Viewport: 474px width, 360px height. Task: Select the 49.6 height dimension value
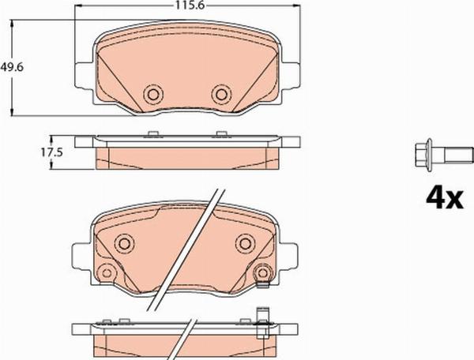tap(10, 68)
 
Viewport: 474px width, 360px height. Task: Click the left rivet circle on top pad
tap(152, 95)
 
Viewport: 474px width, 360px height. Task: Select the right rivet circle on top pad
tap(220, 95)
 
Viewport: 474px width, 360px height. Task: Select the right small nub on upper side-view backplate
tap(221, 133)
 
